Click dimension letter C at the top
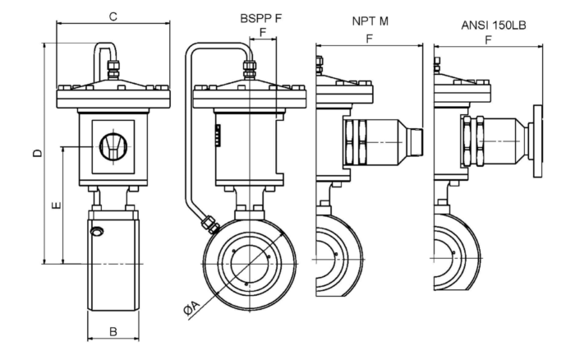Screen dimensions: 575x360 (113, 16)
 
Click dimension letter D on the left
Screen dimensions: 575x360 (38, 153)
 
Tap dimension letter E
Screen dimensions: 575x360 (57, 205)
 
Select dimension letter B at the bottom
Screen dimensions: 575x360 (113, 331)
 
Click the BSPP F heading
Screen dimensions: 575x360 (261, 18)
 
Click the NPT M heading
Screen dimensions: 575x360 (370, 21)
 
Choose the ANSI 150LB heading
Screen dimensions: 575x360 (494, 25)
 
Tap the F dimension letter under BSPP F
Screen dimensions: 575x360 (263, 32)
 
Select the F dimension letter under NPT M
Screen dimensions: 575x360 (370, 39)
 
